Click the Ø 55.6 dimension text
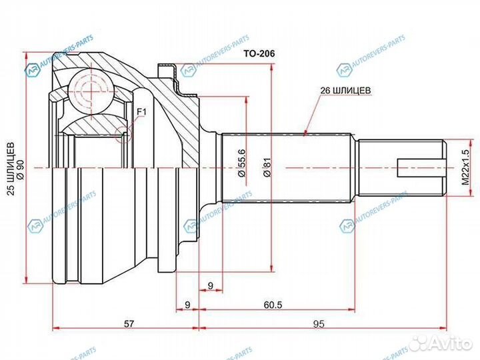click(242, 163)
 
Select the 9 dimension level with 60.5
click(187, 305)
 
